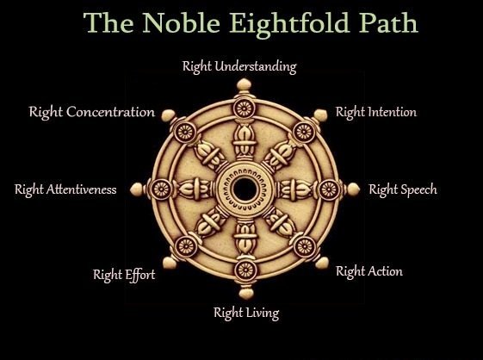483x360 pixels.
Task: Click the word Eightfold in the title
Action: point(289,24)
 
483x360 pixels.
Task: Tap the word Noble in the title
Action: point(181,22)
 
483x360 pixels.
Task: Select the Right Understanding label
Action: point(239,67)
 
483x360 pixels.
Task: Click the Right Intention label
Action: point(376,112)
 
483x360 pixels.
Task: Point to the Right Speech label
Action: point(403,189)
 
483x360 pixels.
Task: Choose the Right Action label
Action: point(369,272)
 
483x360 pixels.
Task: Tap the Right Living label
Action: point(246,313)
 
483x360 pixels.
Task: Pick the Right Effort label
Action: point(124,275)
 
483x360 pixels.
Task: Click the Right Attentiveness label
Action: point(65,189)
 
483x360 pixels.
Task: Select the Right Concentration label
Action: point(92,112)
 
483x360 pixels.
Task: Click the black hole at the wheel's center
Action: point(245,189)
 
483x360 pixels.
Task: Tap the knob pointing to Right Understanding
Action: point(244,84)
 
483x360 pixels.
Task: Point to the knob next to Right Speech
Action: point(353,189)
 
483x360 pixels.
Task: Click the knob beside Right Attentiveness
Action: point(136,189)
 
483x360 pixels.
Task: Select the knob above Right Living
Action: point(246,293)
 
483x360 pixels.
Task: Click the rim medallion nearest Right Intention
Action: point(304,133)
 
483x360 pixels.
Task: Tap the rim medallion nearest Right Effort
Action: point(186,246)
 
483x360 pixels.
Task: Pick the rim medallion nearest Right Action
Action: point(305,246)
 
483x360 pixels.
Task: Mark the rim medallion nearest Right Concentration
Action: point(185,133)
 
